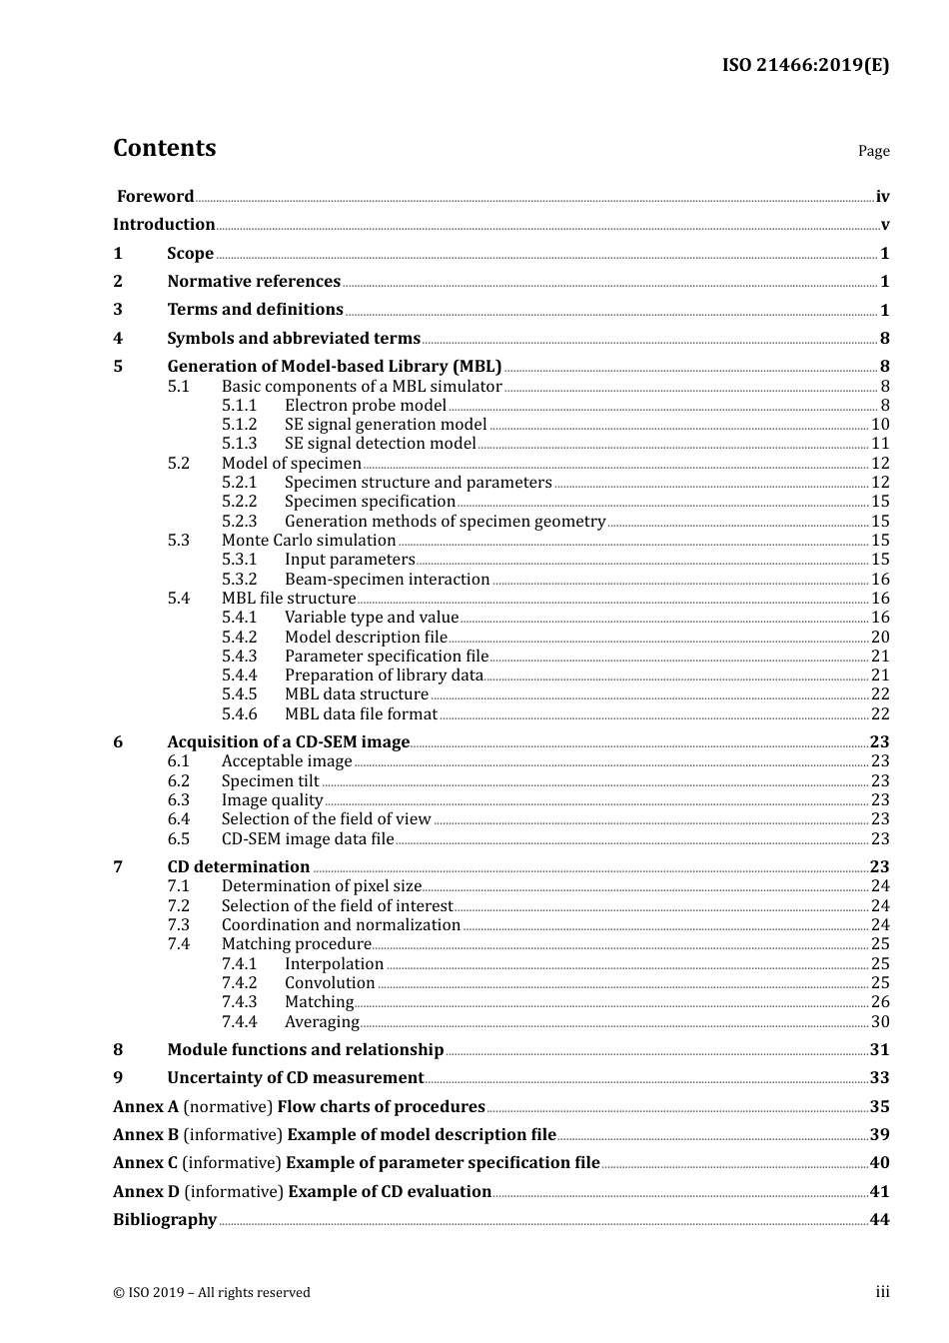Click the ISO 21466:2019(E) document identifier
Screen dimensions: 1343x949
click(805, 66)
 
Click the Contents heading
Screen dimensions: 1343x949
click(164, 148)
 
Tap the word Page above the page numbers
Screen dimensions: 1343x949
click(873, 151)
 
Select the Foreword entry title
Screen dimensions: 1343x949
click(155, 197)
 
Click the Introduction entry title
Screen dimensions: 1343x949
click(164, 225)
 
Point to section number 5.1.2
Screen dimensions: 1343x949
click(239, 425)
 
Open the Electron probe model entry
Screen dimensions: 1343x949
click(365, 406)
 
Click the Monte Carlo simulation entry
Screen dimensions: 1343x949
click(308, 541)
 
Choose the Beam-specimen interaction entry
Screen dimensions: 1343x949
click(387, 580)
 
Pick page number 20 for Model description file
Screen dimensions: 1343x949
click(879, 638)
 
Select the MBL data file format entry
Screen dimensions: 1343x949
click(361, 714)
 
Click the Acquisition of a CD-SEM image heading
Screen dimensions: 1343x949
click(288, 742)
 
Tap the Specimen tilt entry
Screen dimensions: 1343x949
click(270, 781)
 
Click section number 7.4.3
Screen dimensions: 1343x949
click(239, 1002)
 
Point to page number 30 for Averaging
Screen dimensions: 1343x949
click(879, 1022)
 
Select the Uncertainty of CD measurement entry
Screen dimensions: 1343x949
click(295, 1078)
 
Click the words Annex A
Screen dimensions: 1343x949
click(145, 1107)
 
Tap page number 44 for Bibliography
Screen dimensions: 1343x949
click(879, 1220)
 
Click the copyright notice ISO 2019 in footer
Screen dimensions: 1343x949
click(212, 1293)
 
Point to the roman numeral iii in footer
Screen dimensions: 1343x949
click(882, 1292)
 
